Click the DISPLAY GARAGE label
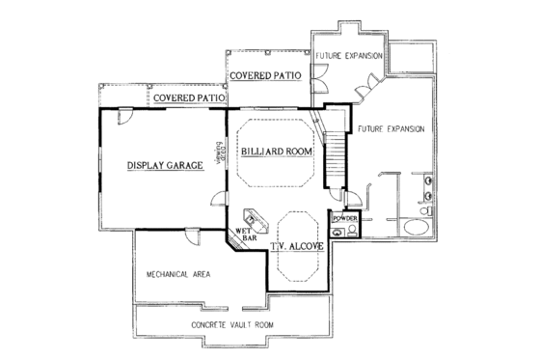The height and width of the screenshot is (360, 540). click(164, 166)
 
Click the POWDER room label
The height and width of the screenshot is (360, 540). click(344, 220)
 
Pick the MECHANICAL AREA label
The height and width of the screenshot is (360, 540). click(178, 275)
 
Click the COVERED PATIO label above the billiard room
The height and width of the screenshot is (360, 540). click(264, 74)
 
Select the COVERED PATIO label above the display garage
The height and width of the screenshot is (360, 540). click(187, 97)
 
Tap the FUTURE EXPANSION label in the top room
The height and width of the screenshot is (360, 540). click(349, 57)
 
